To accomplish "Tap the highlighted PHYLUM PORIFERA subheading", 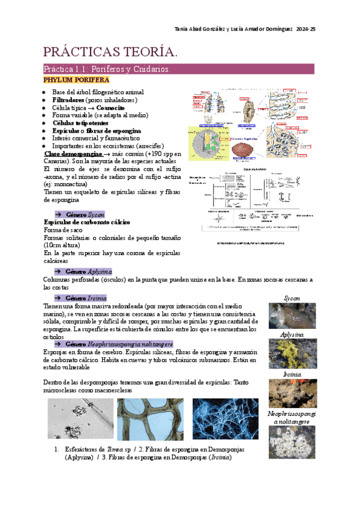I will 76,80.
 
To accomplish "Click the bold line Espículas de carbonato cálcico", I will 87,222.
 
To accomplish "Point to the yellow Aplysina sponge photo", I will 292,354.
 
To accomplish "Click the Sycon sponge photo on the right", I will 292,316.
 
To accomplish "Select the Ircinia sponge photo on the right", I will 292,393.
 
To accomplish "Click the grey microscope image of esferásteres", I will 80,418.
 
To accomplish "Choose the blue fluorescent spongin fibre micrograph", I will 225,418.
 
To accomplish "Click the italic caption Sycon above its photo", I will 292,298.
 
